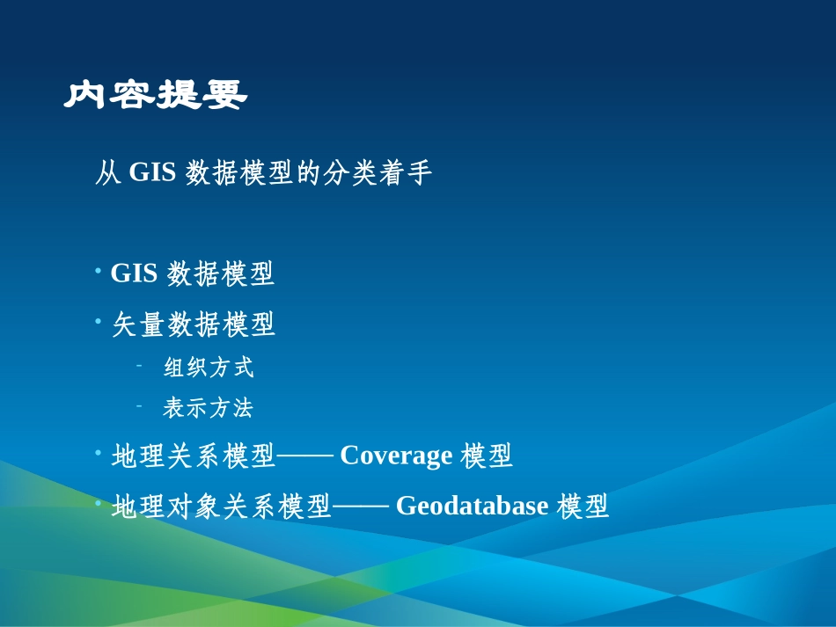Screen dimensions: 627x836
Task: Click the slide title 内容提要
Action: point(156,95)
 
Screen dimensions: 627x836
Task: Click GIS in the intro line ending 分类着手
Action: point(153,173)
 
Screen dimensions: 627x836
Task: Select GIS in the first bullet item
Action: point(134,274)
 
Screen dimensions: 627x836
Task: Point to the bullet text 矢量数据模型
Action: point(194,325)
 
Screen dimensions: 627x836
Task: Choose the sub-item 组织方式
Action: point(209,368)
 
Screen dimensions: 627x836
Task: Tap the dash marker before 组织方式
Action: point(139,365)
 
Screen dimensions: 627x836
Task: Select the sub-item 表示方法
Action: point(209,408)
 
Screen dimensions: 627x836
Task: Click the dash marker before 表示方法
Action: point(139,405)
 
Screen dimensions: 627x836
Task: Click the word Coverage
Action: point(396,456)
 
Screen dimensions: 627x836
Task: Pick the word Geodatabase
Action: point(473,506)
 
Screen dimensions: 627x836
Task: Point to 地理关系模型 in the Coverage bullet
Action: point(194,456)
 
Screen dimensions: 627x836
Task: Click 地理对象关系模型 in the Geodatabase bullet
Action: point(221,506)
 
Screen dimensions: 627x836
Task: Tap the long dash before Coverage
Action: point(304,456)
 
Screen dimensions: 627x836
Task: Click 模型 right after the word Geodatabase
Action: point(583,506)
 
